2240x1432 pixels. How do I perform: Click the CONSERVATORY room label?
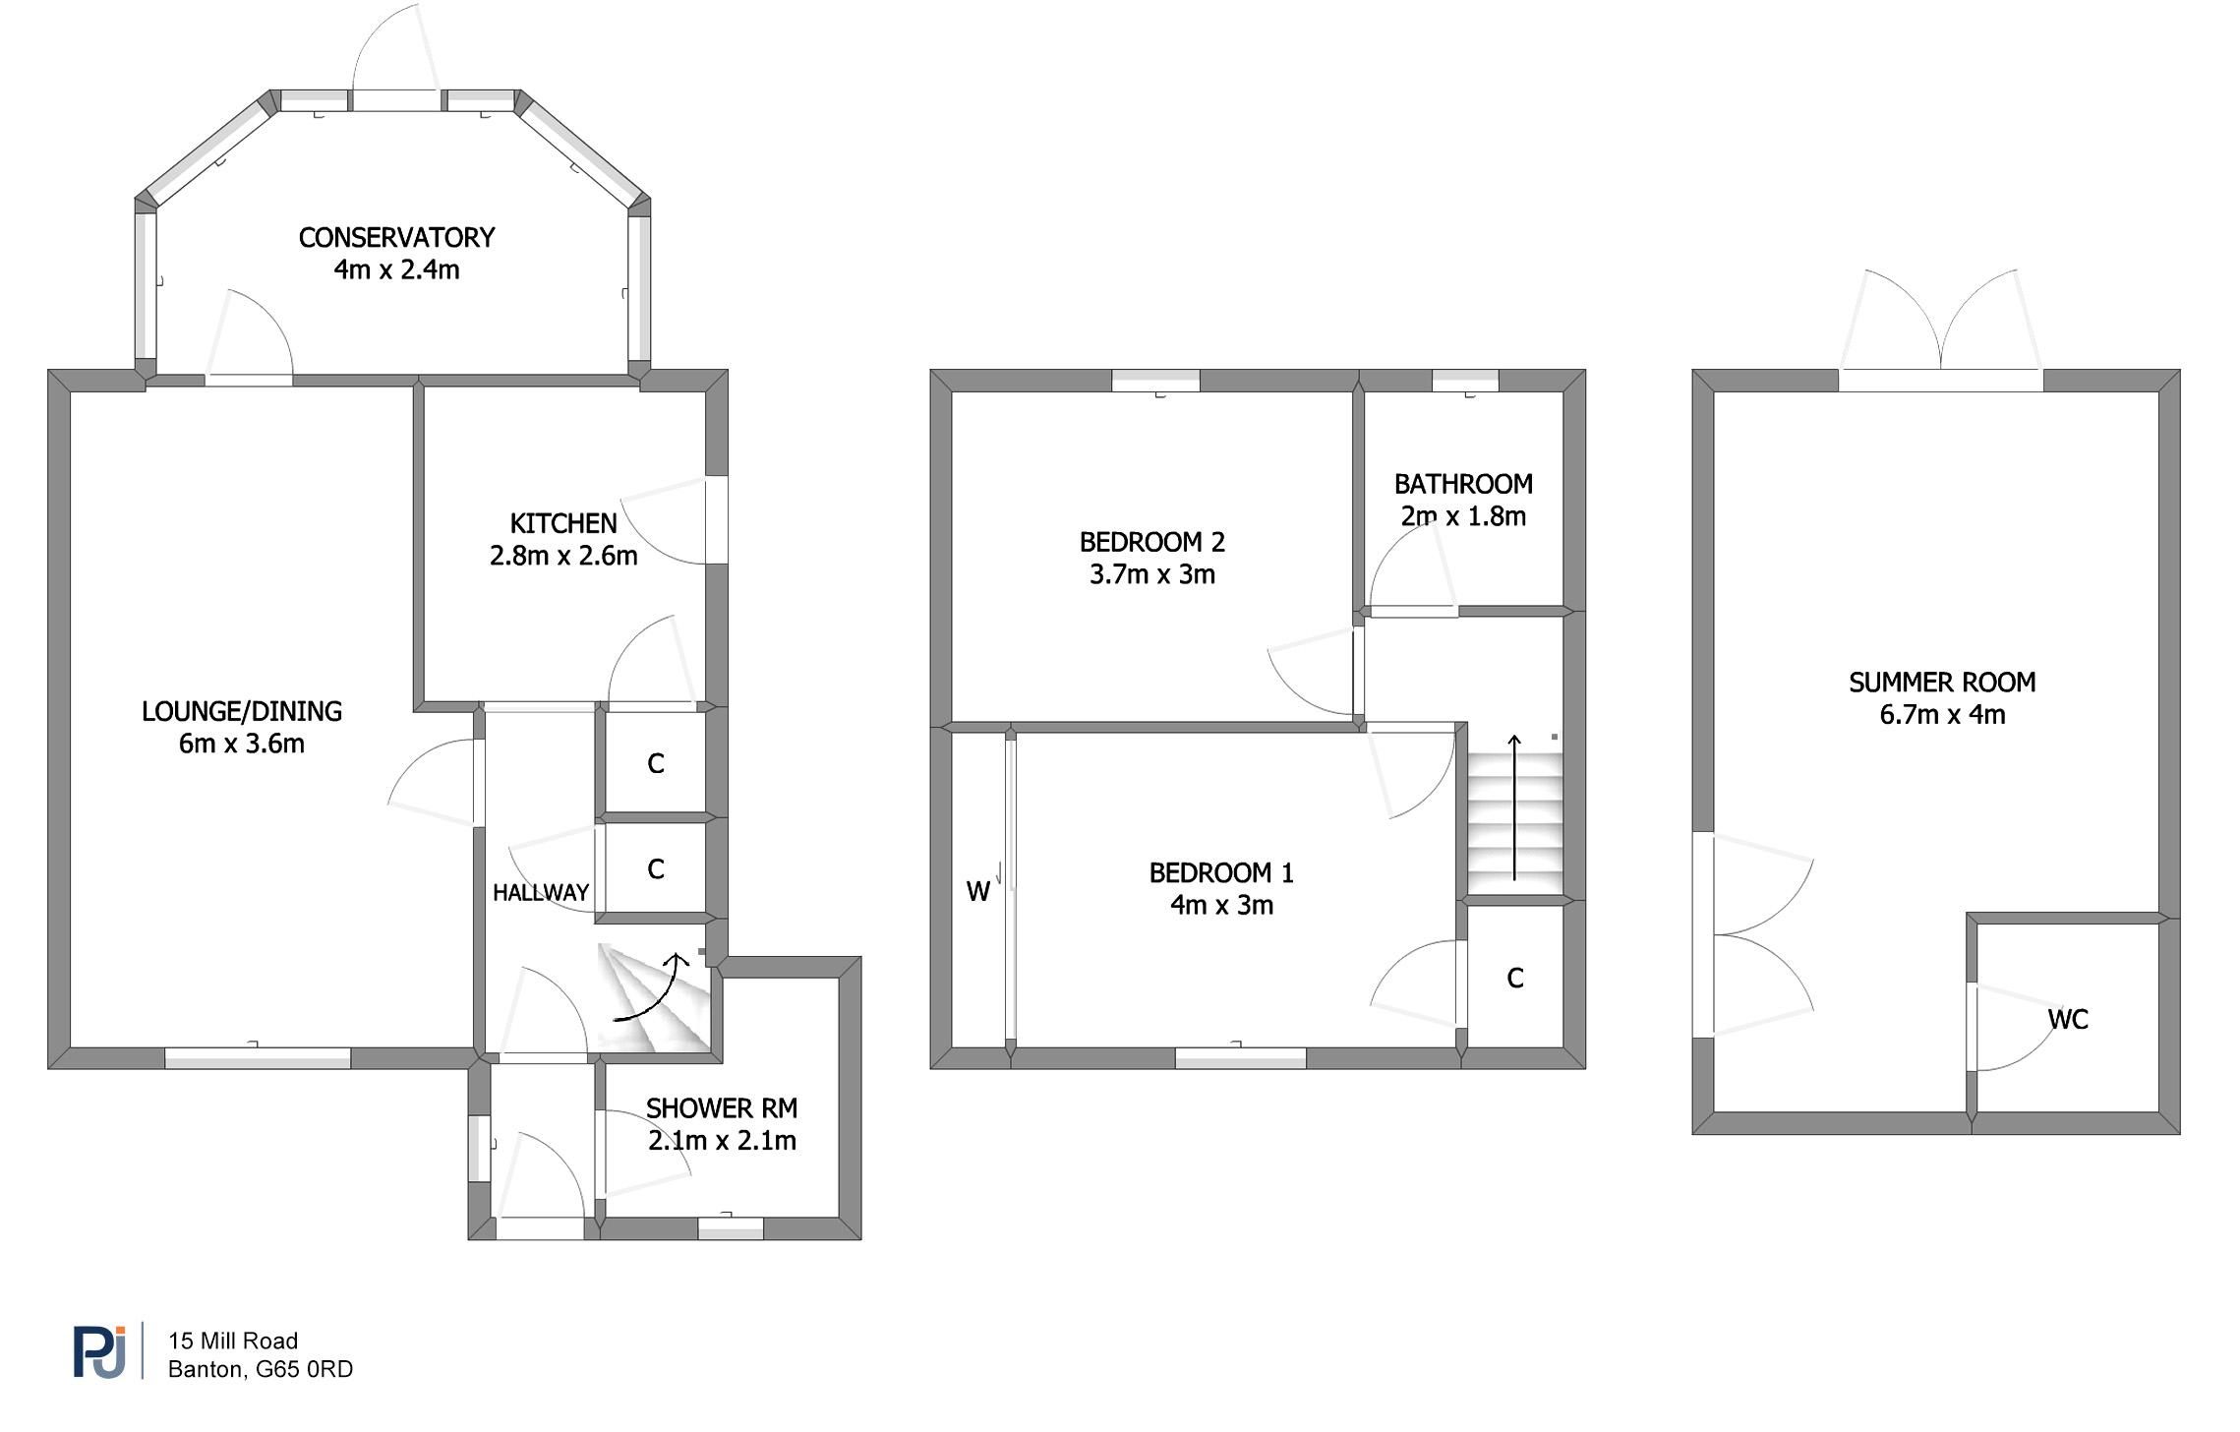coord(396,238)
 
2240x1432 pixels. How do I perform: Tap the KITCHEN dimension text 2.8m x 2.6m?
coord(563,556)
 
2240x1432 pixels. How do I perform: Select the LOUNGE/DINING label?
coord(242,711)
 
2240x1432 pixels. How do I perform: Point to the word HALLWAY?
coord(541,892)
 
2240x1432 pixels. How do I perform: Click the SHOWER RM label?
coord(722,1108)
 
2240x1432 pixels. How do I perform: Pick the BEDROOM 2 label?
coord(1152,542)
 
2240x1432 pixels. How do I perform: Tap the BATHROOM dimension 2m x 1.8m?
coord(1463,516)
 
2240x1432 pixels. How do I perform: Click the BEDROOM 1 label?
coord(1221,872)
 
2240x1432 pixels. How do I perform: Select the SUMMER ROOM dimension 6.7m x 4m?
coord(1942,715)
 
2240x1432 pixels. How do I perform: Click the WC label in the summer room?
coord(2068,1019)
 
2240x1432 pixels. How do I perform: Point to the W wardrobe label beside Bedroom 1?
coord(977,891)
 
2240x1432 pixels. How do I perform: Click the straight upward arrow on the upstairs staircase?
coord(1514,806)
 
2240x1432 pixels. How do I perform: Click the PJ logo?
coord(99,1352)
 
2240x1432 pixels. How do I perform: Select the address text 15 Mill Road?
coord(233,1341)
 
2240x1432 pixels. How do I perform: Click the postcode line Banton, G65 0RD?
coord(261,1369)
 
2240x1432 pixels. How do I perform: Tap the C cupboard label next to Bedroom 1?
coord(1515,978)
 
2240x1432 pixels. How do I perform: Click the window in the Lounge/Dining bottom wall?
coord(258,1058)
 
